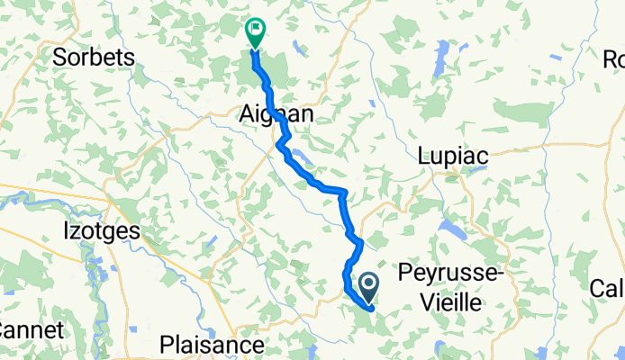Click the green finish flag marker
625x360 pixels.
[x=255, y=31]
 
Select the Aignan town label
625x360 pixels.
[x=278, y=115]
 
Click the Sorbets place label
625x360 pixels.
[x=94, y=57]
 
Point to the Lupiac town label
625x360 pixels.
[x=453, y=157]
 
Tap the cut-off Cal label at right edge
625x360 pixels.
[x=607, y=288]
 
